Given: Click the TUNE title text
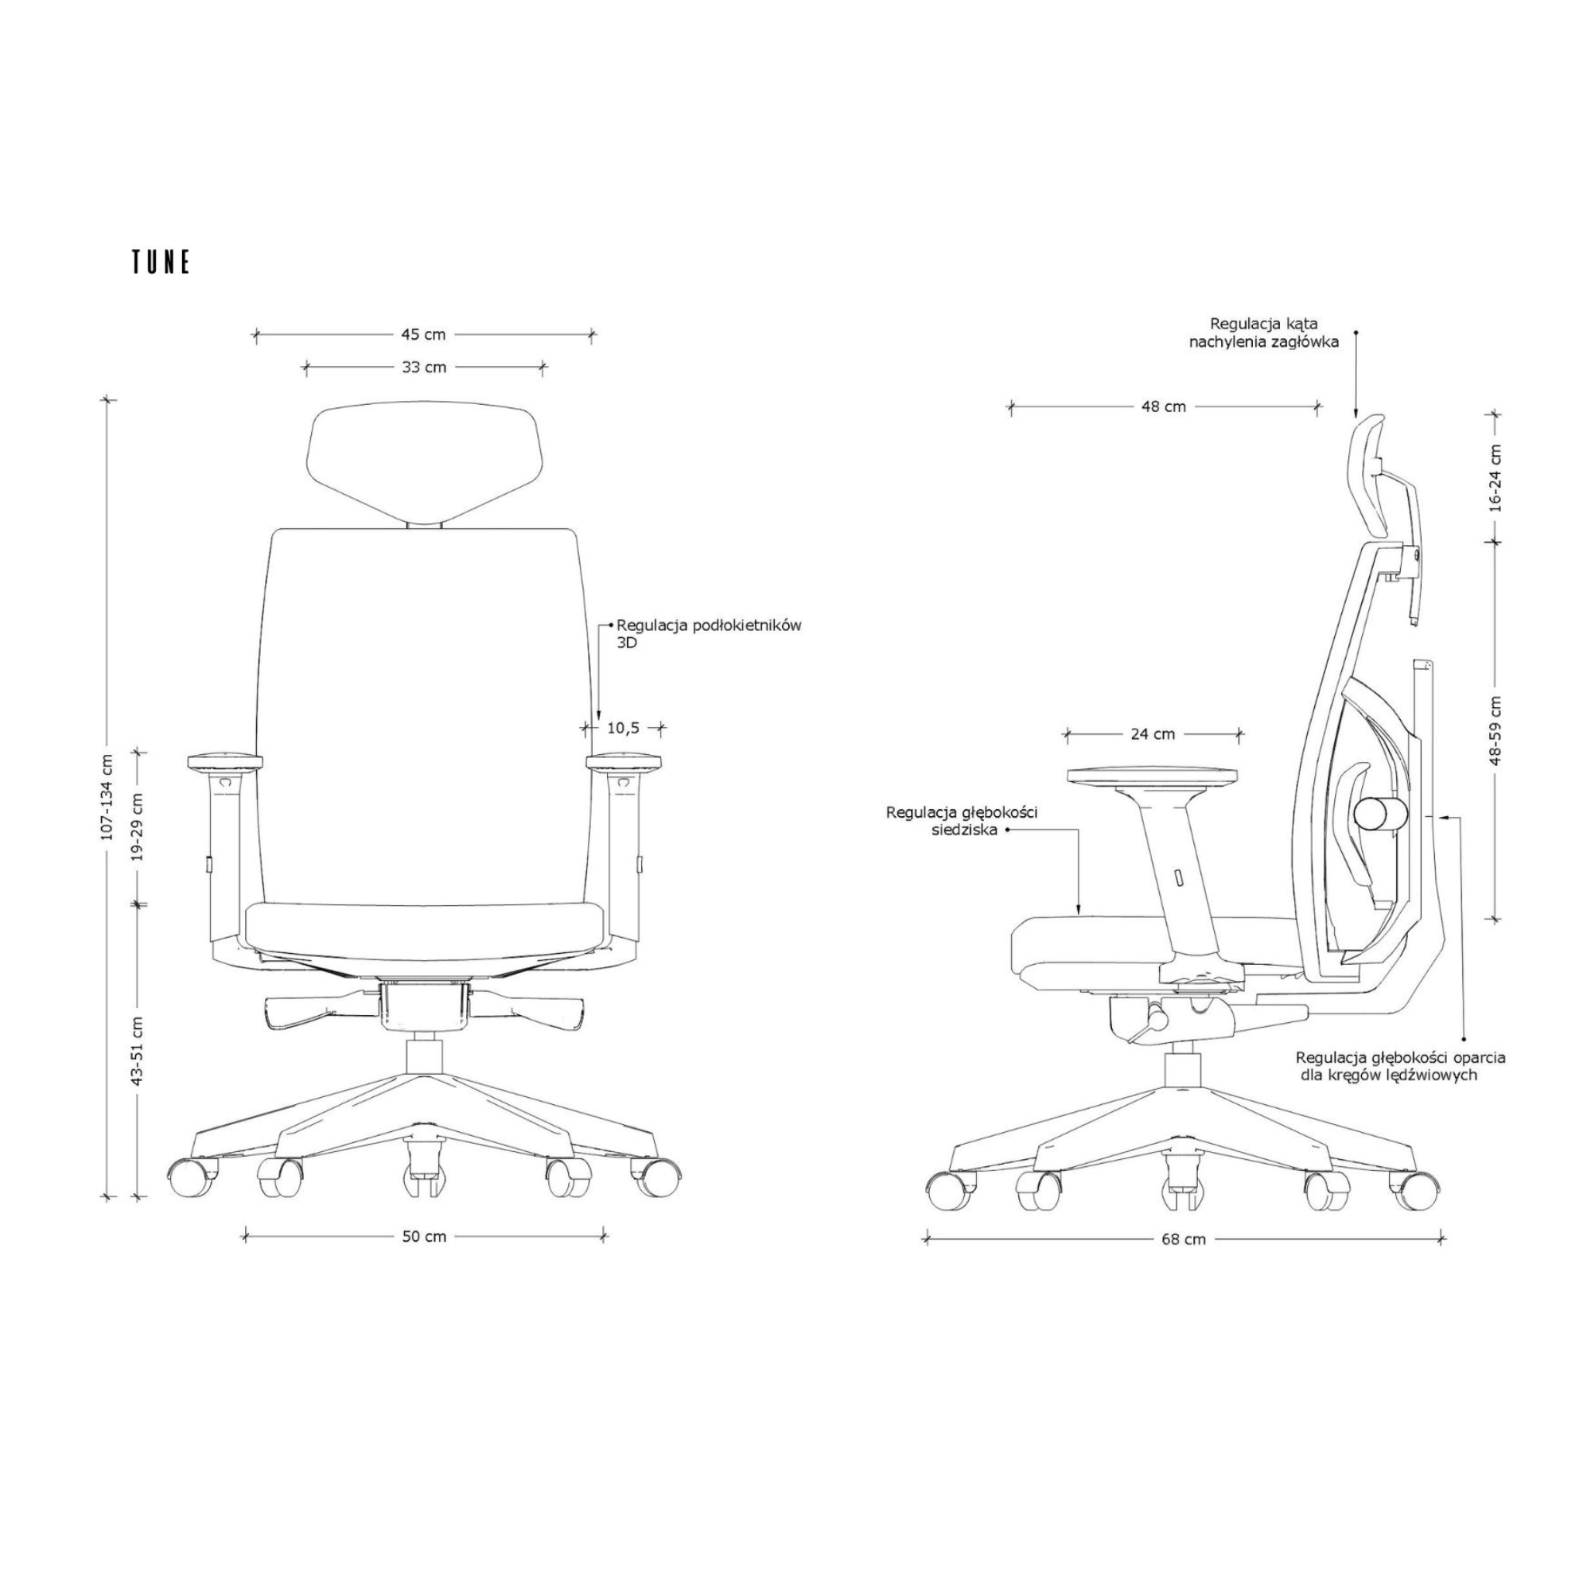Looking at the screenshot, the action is coord(161,262).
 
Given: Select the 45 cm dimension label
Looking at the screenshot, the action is coord(423,335).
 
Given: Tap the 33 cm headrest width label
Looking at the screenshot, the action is coord(424,368).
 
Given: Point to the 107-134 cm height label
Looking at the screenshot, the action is coord(107,796).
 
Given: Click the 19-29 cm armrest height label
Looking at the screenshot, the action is coord(138,827).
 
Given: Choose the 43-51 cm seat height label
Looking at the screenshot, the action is coord(138,1051).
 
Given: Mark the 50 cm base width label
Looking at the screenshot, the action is coord(424,1237).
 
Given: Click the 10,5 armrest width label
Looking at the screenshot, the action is coord(624,728).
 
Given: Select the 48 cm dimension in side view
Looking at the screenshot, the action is coord(1164,407).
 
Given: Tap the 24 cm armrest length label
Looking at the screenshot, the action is coord(1152,733).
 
